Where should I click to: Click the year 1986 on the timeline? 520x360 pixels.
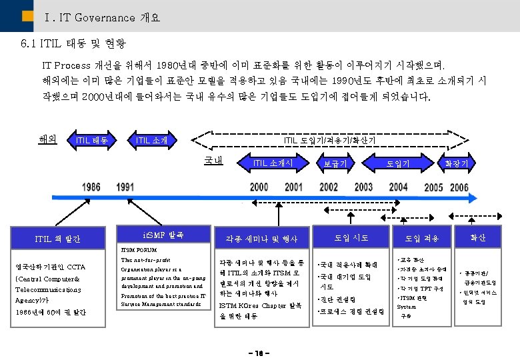(x=92, y=187)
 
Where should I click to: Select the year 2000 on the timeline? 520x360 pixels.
(x=259, y=187)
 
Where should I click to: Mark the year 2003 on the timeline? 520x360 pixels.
(x=363, y=187)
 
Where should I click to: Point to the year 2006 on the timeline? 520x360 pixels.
(x=459, y=188)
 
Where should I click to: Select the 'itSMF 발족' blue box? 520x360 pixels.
(x=160, y=235)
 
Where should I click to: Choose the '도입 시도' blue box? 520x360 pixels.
(x=351, y=237)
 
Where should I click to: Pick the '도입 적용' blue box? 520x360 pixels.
(x=422, y=238)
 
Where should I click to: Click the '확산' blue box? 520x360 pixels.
(x=477, y=237)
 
